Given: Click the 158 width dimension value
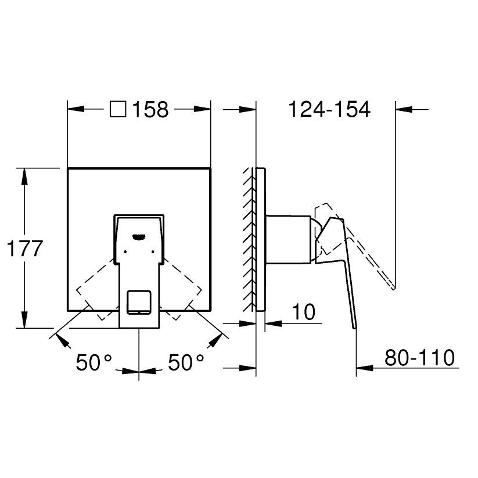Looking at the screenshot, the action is (x=150, y=109).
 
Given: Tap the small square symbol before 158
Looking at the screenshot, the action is (x=118, y=109).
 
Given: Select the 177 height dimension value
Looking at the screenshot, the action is (x=24, y=249).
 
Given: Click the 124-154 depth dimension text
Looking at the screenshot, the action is (x=329, y=109).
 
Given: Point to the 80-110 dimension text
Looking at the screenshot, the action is (x=419, y=358).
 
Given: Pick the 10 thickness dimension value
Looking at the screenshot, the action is (x=303, y=312).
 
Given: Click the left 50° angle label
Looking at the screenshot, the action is (x=94, y=362).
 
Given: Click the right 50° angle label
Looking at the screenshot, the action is (x=186, y=362).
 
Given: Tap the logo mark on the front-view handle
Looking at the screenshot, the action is (x=139, y=236).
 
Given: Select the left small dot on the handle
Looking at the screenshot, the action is (x=125, y=252).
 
